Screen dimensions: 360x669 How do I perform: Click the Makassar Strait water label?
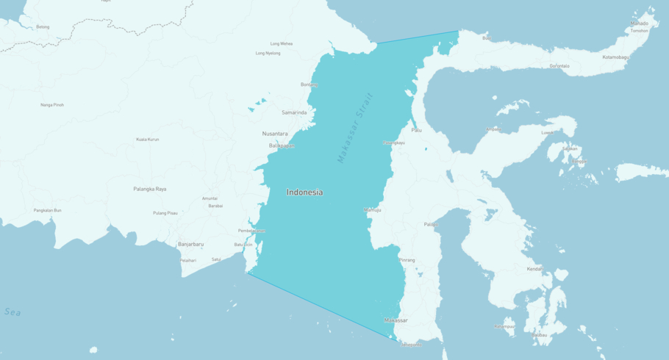[x=355, y=127]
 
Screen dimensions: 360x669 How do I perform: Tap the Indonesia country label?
[x=304, y=192]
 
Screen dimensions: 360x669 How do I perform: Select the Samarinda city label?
[x=294, y=112]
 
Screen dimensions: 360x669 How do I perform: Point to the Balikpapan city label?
[x=282, y=145]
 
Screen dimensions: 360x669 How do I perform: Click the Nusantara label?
[x=275, y=134]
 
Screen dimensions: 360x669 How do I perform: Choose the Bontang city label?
[x=309, y=84]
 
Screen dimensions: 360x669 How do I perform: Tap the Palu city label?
[x=416, y=130]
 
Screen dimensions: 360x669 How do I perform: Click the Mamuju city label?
[x=373, y=210]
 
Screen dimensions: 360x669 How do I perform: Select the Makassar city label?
[x=396, y=320]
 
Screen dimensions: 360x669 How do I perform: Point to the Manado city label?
[x=639, y=24]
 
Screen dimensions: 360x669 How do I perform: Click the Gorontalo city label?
[x=559, y=66]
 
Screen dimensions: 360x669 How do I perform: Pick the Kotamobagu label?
[x=616, y=57]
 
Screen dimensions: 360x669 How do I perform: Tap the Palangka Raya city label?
[x=150, y=189]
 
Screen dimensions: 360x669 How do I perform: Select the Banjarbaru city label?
[x=190, y=244]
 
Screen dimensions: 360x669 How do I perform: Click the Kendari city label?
[x=534, y=269]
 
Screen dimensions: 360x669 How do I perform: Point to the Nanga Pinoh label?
[x=52, y=105]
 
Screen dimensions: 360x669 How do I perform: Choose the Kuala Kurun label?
[x=147, y=139]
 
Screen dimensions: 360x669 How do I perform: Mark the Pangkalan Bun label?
[x=48, y=210]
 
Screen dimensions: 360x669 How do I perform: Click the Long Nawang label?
[x=281, y=43]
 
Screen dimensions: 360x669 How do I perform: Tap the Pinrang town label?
[x=407, y=260]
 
